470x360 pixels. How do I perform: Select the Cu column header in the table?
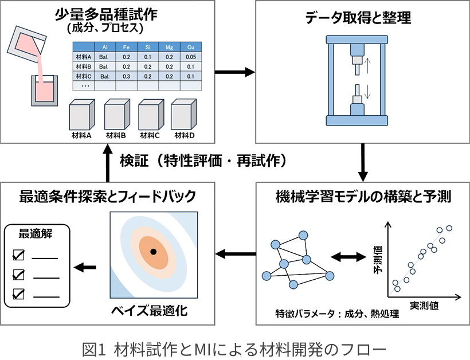point(191,47)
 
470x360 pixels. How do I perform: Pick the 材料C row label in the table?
point(84,76)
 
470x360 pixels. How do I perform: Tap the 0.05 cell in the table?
point(191,57)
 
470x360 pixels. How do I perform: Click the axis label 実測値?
point(424,306)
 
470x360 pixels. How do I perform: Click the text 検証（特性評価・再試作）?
point(203,161)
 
